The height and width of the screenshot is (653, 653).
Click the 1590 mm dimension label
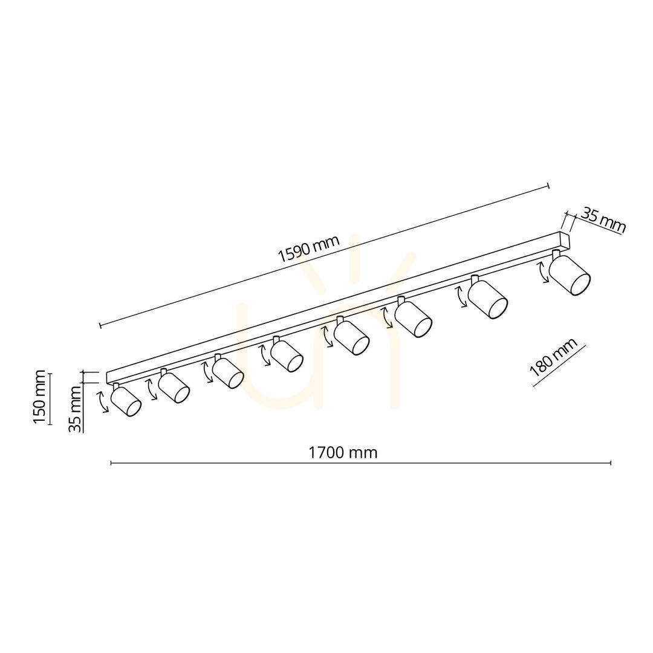click(309, 249)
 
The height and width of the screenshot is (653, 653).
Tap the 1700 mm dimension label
click(342, 452)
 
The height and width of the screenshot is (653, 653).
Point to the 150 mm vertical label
click(39, 397)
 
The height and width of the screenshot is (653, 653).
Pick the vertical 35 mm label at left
click(76, 409)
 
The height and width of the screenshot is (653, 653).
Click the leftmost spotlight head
click(126, 400)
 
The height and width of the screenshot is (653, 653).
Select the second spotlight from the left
click(174, 386)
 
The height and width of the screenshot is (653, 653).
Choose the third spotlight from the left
click(227, 371)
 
